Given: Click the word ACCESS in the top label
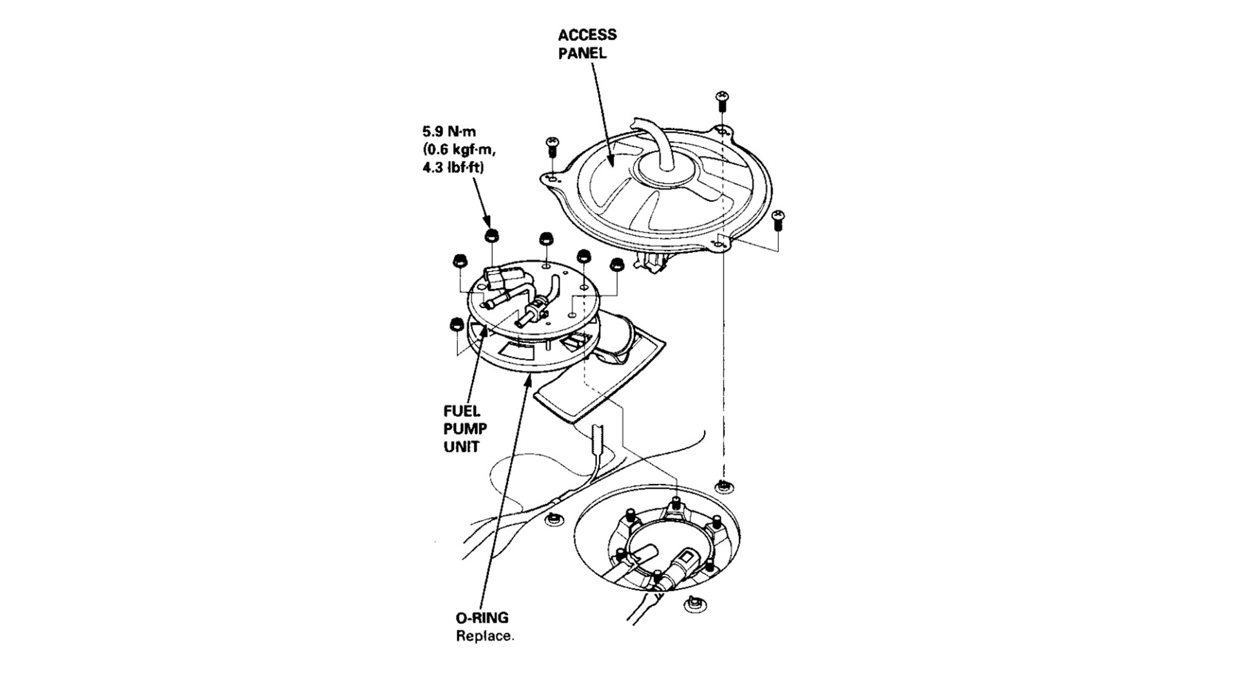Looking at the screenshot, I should tap(587, 35).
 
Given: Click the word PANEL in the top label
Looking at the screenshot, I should tap(582, 53).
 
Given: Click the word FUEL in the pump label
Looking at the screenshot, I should tap(462, 411).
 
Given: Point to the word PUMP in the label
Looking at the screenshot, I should tap(465, 429).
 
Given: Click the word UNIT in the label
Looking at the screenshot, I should tap(461, 447).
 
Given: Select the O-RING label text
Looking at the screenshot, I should tap(482, 618).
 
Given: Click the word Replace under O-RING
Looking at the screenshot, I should tap(485, 637).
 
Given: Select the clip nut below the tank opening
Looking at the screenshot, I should tap(693, 604).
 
